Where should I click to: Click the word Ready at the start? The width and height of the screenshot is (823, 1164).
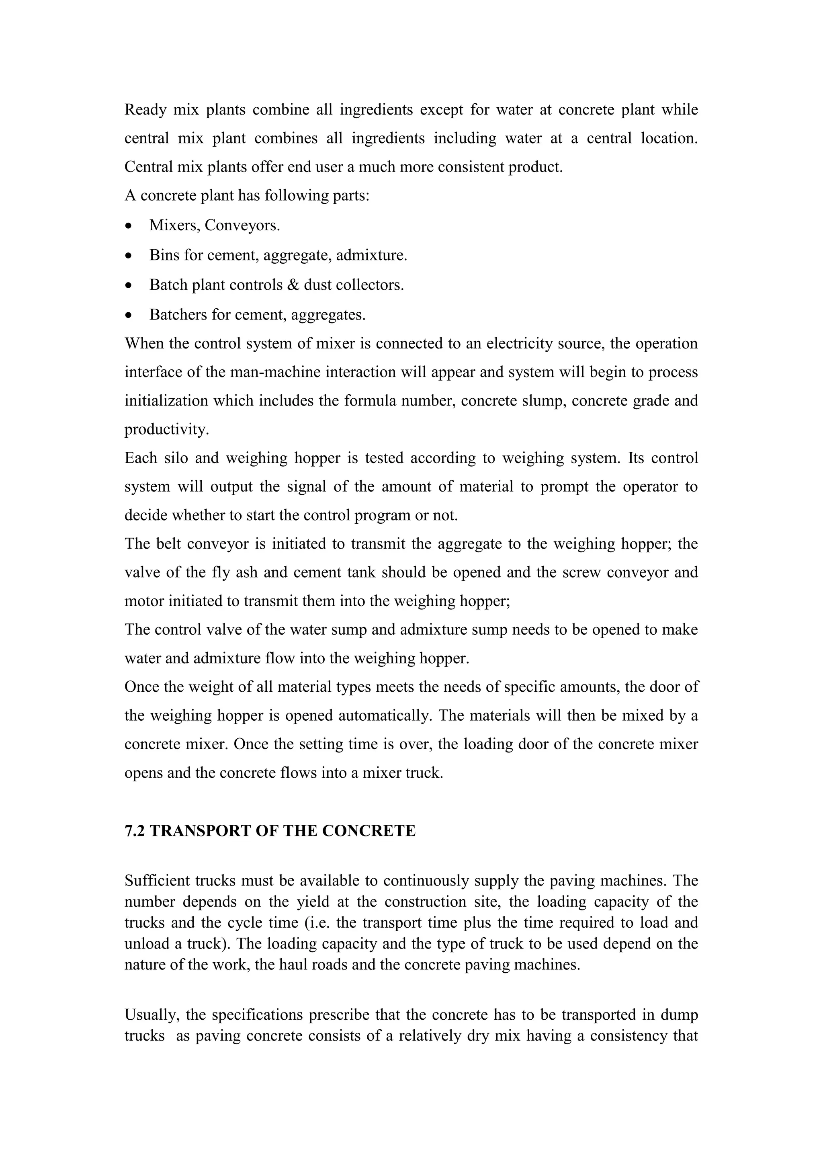(x=145, y=110)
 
